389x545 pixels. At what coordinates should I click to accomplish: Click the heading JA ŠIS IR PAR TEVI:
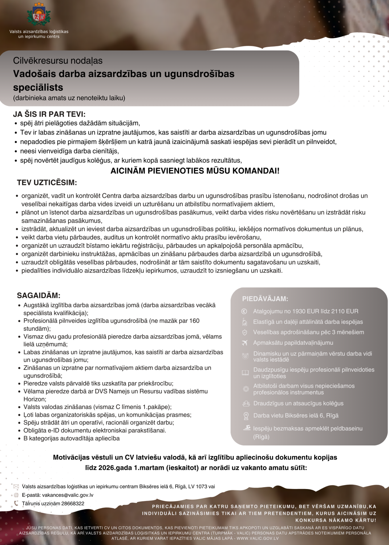tap(49, 114)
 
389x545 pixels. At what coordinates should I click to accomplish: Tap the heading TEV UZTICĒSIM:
tap(47, 182)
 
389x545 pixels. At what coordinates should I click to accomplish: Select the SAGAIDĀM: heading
tap(39, 295)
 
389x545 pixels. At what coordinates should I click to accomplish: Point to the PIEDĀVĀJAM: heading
tap(265, 299)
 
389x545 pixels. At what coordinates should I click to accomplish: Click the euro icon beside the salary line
tap(244, 311)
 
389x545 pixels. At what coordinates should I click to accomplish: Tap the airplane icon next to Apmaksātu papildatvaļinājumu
tap(245, 343)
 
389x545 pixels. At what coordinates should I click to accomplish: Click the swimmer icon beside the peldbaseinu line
tap(247, 428)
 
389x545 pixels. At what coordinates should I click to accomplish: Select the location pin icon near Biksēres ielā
tap(246, 416)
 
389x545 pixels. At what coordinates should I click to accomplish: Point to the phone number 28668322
tap(73, 504)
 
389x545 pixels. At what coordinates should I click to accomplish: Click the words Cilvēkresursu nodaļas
tap(58, 61)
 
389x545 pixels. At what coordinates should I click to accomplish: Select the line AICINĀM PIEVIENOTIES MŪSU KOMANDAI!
tap(195, 171)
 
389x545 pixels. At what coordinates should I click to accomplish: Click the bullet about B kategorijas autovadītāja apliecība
tap(72, 438)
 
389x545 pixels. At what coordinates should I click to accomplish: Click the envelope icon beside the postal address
tap(16, 487)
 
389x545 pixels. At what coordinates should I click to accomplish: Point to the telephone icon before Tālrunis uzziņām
tap(16, 504)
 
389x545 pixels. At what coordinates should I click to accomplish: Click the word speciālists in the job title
tap(38, 88)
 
